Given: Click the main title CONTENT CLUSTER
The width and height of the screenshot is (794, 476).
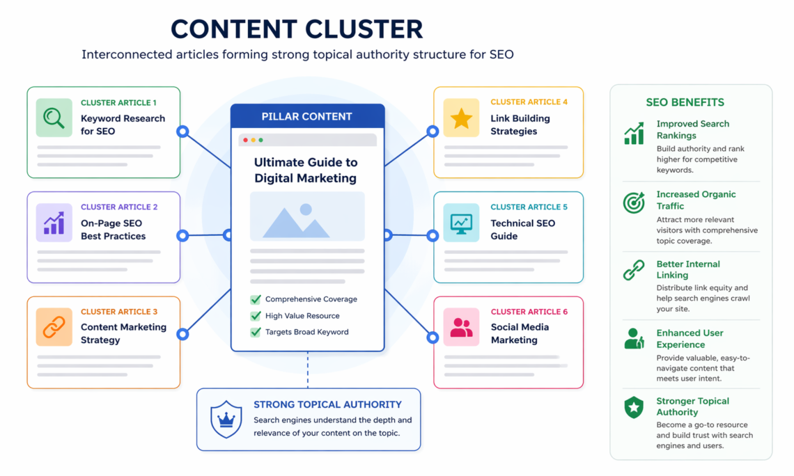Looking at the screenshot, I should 297,29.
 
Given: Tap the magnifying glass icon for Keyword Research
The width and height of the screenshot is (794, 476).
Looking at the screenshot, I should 54,118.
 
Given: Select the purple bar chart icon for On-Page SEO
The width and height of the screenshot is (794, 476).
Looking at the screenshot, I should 54,223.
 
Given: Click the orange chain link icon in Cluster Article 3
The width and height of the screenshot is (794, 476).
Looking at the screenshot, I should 54,327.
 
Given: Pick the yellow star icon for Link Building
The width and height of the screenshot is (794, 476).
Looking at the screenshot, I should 461,118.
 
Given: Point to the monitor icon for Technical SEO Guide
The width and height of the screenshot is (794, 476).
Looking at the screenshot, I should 461,223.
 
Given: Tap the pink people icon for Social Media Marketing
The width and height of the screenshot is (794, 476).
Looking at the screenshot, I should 461,327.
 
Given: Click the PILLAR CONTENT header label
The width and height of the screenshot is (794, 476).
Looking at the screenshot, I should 307,116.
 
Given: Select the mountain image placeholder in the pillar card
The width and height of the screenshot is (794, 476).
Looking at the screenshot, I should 307,216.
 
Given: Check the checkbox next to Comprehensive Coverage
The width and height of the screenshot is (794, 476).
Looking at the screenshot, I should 256,299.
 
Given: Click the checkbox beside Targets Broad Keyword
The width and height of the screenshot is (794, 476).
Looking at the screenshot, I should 256,332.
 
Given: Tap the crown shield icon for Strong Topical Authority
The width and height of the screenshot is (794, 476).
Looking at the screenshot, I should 226,419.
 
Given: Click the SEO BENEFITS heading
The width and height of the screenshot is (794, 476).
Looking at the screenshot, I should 685,102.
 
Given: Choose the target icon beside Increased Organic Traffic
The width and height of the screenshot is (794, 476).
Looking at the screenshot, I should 634,203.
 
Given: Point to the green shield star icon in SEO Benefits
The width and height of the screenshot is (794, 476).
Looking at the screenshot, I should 634,408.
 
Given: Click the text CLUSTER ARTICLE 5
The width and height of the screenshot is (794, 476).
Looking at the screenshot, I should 529,207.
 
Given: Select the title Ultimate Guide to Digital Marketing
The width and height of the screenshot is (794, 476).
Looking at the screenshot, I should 306,170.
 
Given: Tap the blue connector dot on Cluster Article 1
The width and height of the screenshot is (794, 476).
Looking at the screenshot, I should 182,131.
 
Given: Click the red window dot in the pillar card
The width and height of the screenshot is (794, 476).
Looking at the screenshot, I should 244,140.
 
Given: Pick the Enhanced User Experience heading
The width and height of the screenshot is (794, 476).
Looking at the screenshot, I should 690,339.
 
